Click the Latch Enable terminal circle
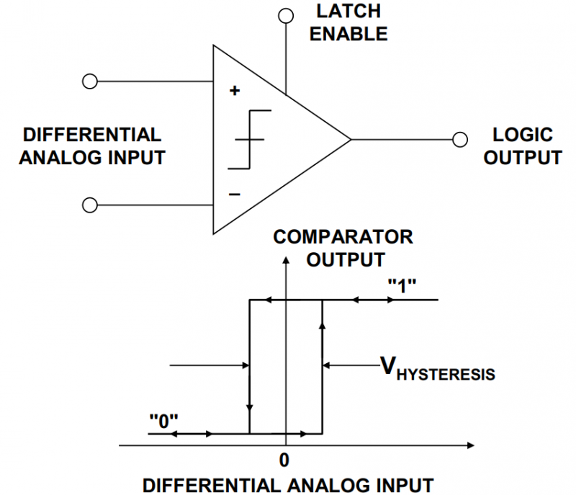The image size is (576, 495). (286, 16)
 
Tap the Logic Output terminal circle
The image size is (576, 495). (460, 140)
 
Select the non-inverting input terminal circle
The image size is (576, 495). (89, 81)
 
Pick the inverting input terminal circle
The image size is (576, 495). (89, 205)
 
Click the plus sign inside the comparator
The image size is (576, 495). (235, 90)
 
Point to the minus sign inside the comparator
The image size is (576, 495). (235, 194)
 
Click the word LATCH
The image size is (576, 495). (348, 12)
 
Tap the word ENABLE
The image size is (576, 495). (348, 34)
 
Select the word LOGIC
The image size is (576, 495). (523, 135)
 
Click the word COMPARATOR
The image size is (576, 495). (343, 237)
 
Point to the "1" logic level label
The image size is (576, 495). (402, 286)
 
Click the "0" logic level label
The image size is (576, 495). (163, 422)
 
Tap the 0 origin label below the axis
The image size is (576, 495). (284, 460)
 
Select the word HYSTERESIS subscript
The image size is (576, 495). (446, 375)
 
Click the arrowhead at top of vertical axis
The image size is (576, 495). (286, 260)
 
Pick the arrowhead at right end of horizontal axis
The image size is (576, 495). (471, 445)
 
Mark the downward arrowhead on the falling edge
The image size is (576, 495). (249, 409)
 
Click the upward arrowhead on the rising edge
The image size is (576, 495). (322, 326)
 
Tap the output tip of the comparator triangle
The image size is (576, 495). (351, 140)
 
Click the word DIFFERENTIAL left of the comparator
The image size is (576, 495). (92, 135)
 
